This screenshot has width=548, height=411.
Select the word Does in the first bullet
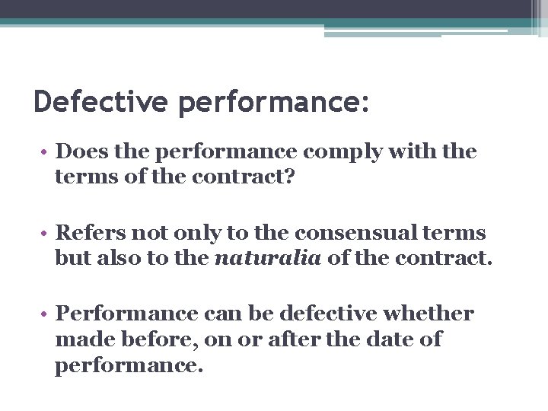tap(85, 151)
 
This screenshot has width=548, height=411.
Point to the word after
tap(304, 339)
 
